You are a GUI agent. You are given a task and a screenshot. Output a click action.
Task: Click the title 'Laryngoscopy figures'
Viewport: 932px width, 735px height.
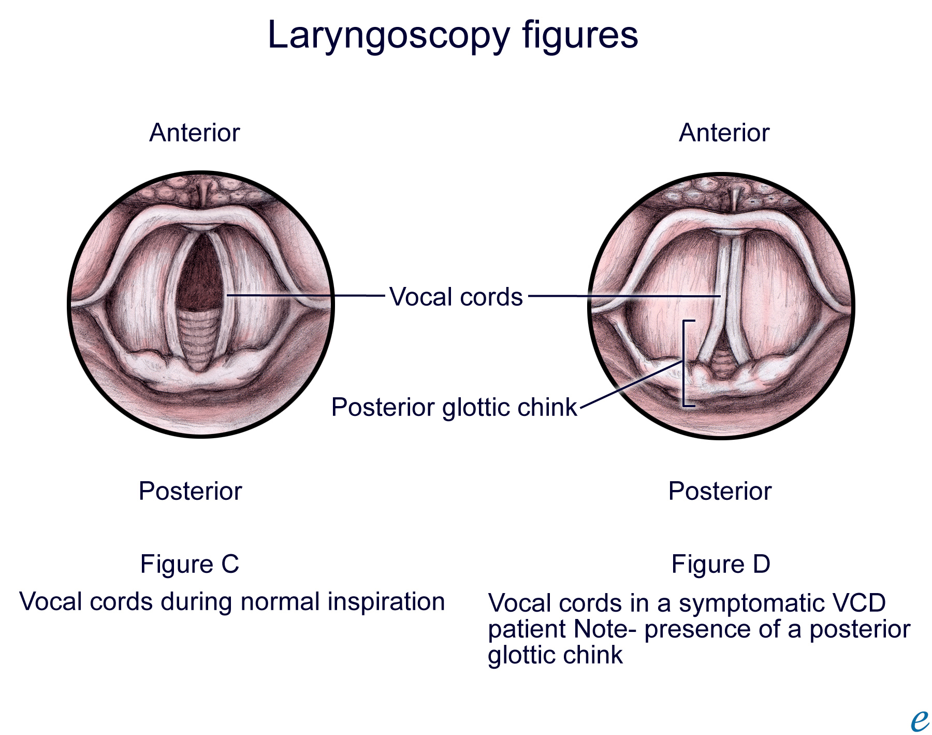[x=453, y=35]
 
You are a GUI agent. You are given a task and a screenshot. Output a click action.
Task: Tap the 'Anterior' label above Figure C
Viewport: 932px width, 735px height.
[x=195, y=133]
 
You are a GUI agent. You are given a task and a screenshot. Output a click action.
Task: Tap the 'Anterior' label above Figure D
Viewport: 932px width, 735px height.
[x=724, y=133]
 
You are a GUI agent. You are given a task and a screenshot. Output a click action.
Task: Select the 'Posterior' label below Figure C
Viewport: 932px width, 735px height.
[x=190, y=491]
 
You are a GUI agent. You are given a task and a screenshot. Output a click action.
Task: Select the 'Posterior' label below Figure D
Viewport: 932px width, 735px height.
[x=720, y=491]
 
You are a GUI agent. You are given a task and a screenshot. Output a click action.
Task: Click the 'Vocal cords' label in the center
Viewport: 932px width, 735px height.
[x=456, y=297]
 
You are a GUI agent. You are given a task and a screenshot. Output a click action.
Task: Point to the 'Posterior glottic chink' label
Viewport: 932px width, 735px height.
[x=454, y=407]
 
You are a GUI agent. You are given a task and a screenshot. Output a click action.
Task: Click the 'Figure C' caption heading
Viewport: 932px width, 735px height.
[x=190, y=564]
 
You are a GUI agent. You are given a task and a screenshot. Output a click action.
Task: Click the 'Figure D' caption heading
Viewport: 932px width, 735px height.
[x=721, y=564]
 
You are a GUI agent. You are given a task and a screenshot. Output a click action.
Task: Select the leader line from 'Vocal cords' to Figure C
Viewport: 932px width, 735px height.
[x=305, y=296]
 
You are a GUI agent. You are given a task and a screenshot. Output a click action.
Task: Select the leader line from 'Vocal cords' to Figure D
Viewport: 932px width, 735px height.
[x=621, y=296]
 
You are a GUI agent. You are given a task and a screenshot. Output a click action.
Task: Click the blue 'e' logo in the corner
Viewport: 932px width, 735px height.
[x=920, y=720]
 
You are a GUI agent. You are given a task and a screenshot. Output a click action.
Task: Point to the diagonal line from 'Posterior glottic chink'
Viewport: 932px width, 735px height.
[x=629, y=385]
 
